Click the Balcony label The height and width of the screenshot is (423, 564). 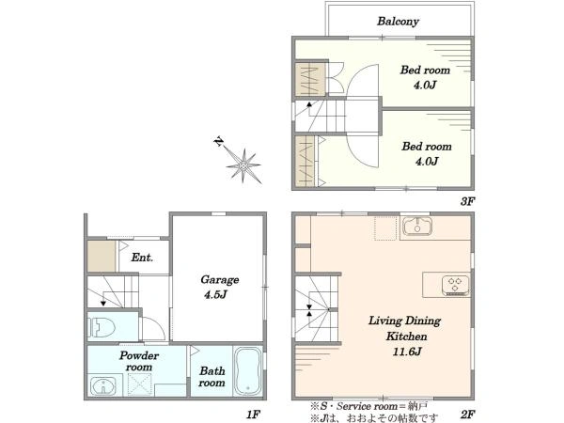coord(398,22)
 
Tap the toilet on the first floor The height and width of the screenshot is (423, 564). coord(102,327)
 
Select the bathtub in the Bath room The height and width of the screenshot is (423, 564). coord(247,371)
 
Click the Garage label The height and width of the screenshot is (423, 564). coord(219,279)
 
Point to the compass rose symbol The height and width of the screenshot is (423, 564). coord(243,165)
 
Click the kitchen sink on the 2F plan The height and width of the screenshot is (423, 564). coord(416,227)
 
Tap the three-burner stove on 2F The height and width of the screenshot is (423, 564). coord(455,285)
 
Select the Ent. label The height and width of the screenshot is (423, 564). coord(142,258)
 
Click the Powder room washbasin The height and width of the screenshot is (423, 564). coord(103,386)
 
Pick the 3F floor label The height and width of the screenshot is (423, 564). coord(467,201)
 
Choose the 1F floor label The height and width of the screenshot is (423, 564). coord(253,415)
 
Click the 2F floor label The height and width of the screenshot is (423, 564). coord(467,415)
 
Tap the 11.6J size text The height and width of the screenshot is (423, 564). coord(407,352)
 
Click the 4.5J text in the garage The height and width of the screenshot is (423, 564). coord(215,294)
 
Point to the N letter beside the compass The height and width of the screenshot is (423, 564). coord(218,141)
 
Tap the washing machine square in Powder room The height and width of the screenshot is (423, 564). coord(139,384)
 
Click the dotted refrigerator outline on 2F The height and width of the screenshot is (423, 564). coord(385,227)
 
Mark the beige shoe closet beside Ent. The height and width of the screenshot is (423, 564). coord(102,256)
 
